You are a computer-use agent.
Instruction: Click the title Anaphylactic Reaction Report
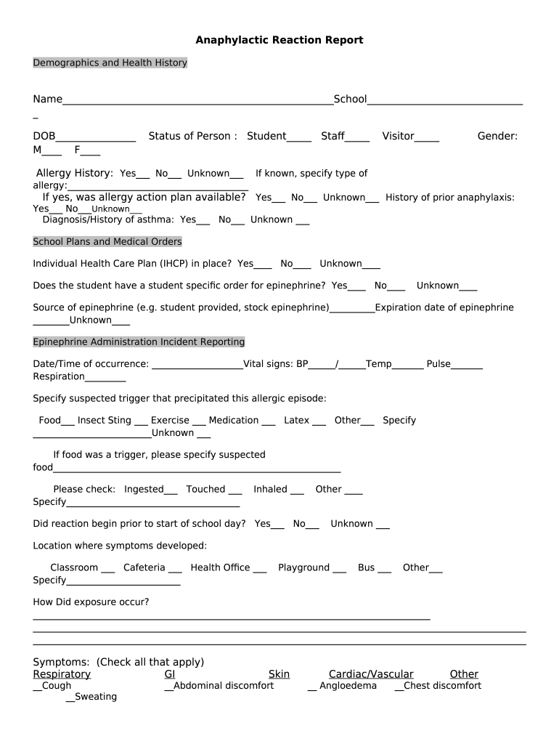[279, 40]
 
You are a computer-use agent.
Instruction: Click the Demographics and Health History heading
[110, 63]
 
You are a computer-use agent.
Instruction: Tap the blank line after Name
[197, 100]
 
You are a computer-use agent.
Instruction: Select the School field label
[350, 99]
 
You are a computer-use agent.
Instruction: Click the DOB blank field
[95, 137]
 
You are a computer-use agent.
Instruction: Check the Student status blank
[299, 137]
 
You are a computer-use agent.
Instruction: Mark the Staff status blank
[357, 137]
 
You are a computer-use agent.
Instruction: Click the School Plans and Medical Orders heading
[107, 241]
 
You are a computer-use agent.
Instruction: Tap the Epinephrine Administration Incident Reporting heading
[139, 341]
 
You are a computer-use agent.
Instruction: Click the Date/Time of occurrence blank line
[197, 365]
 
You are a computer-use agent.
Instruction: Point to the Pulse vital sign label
[438, 364]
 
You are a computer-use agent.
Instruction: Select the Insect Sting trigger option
[105, 420]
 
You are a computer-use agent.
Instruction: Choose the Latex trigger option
[296, 420]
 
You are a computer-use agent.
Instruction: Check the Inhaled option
[271, 489]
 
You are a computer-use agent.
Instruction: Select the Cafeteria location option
[144, 567]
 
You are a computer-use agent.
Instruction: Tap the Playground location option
[304, 567]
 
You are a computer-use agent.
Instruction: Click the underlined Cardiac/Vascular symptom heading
[371, 674]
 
